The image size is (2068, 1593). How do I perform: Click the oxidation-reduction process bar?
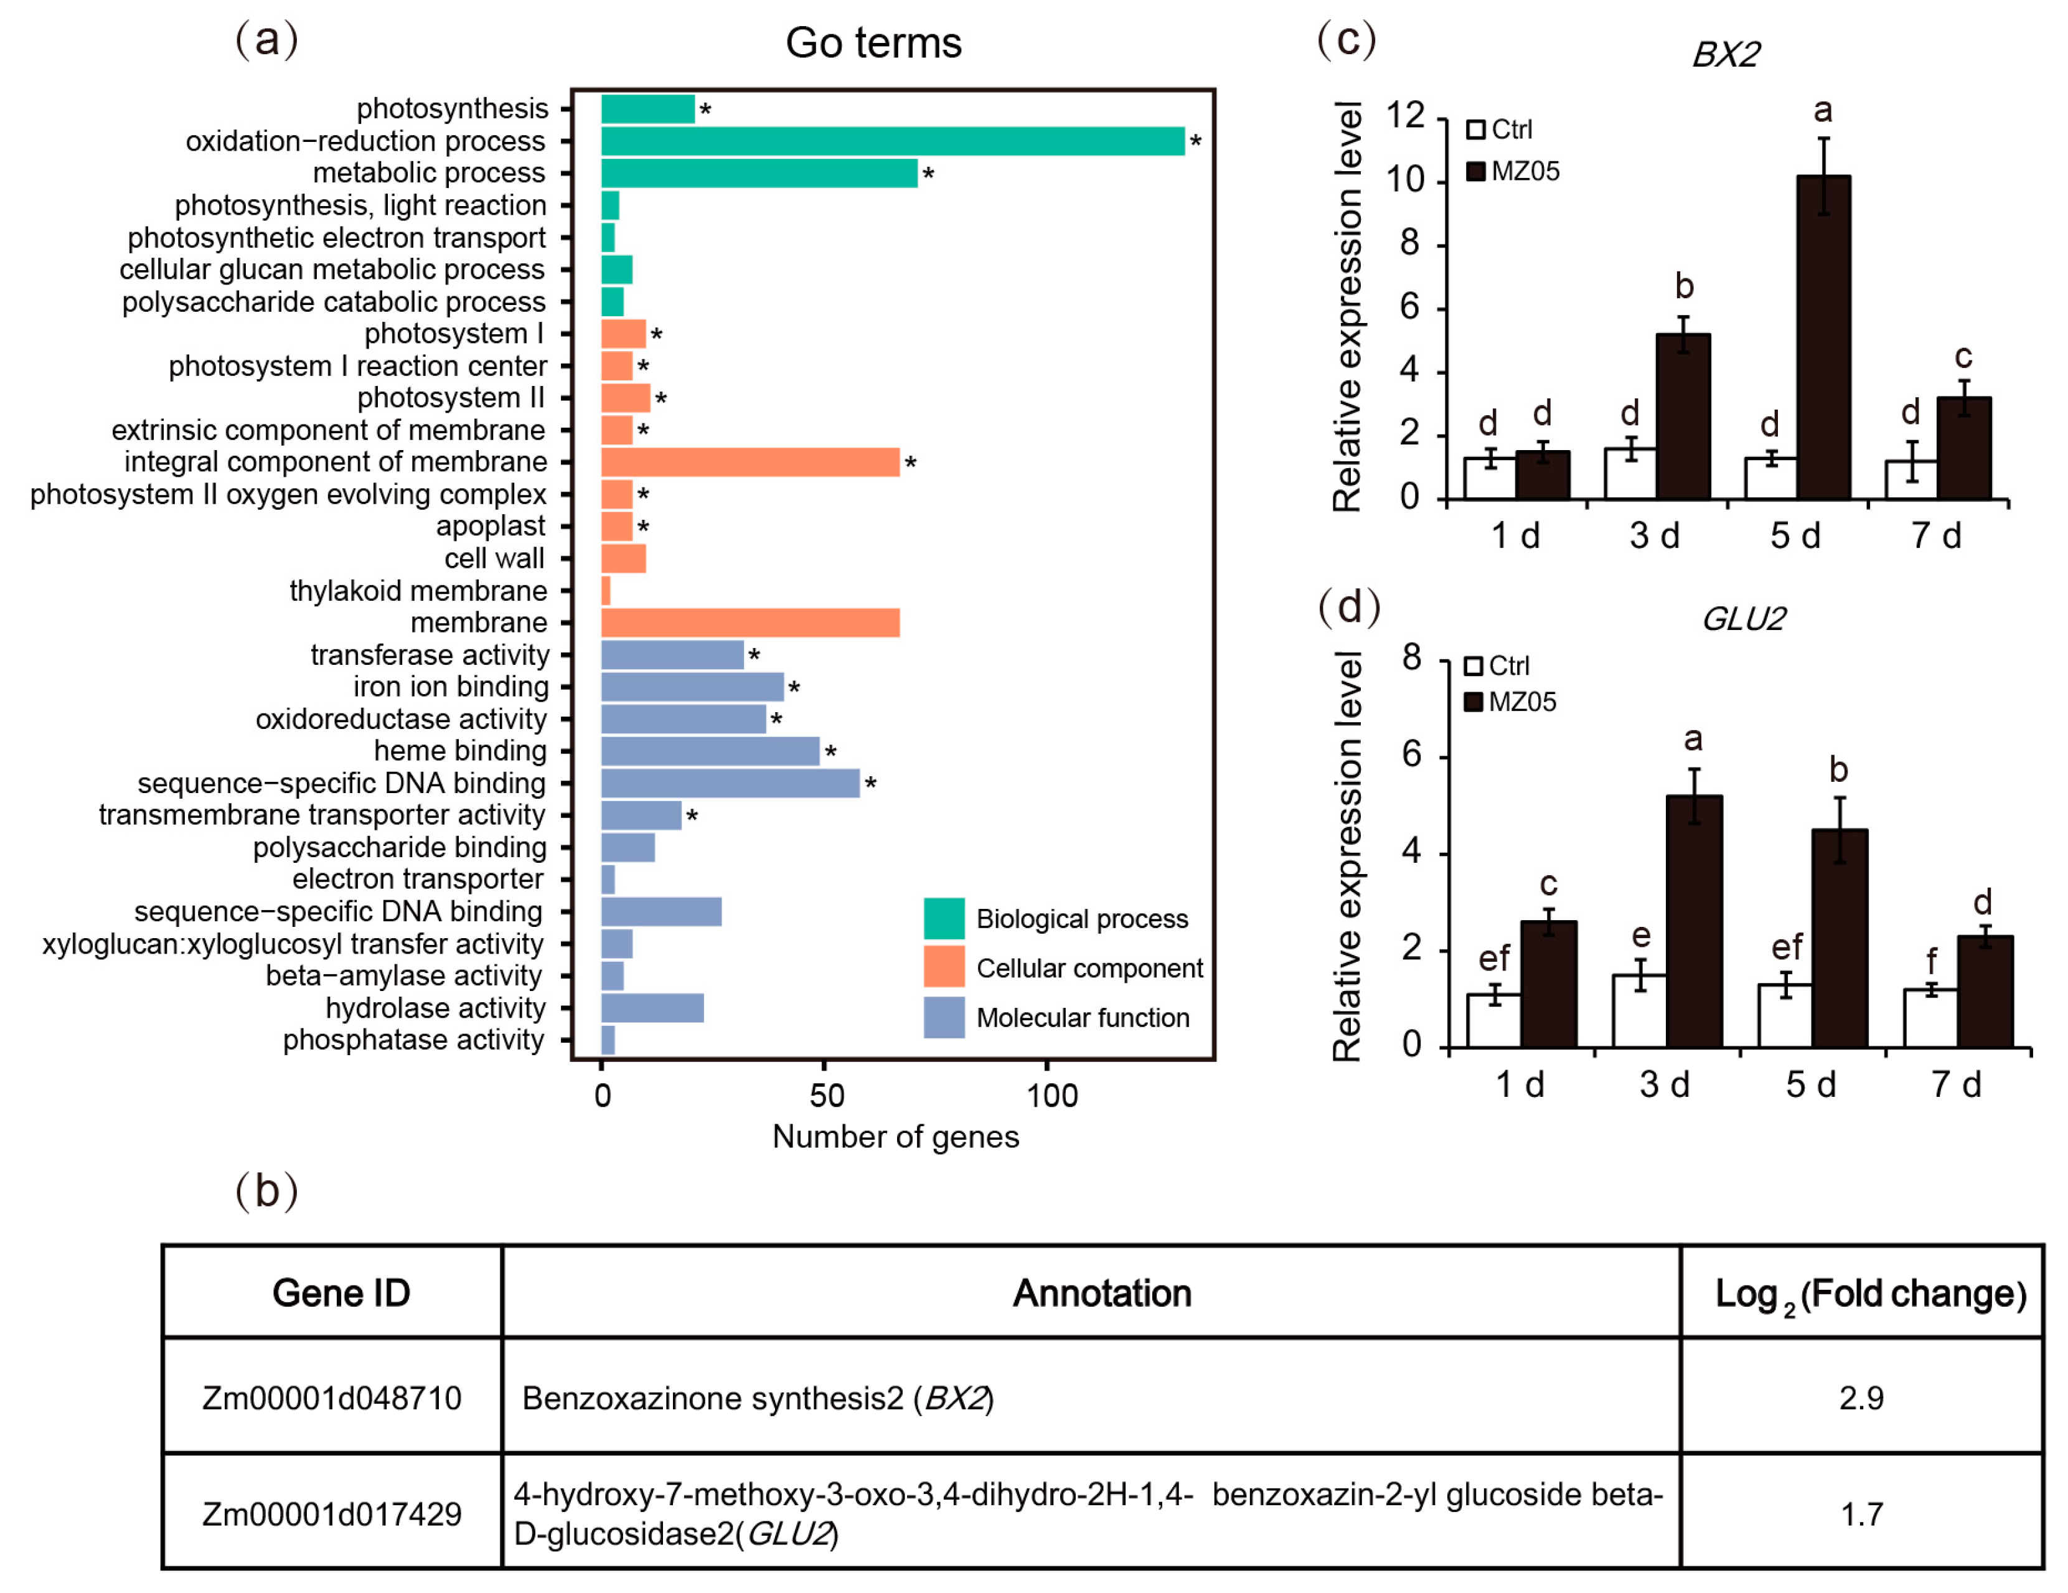(892, 141)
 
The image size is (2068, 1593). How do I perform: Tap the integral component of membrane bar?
(750, 462)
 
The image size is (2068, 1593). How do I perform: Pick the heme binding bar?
(710, 751)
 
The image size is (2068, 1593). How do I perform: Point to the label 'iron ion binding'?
(451, 687)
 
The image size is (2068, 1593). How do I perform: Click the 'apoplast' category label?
(491, 527)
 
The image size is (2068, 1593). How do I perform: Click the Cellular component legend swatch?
(944, 967)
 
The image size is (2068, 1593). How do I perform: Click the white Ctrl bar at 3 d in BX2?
(1630, 474)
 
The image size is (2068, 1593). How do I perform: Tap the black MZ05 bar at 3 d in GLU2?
(1694, 921)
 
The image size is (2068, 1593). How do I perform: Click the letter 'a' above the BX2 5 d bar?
(1823, 111)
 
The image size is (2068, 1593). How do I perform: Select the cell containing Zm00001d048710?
(331, 1398)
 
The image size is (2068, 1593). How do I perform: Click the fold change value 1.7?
(1861, 1515)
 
